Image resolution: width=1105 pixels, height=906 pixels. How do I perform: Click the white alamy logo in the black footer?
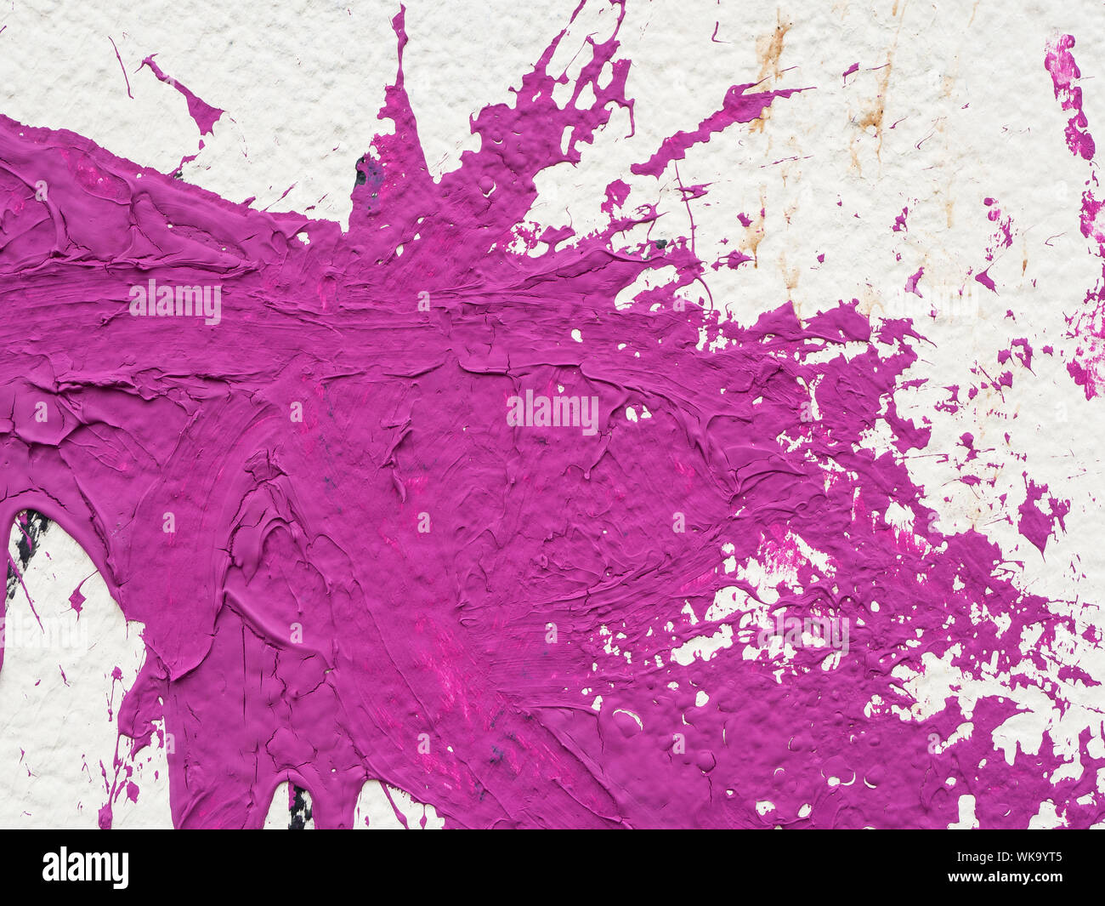pyautogui.click(x=85, y=868)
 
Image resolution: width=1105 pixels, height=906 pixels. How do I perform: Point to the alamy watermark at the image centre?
pyautogui.click(x=552, y=412)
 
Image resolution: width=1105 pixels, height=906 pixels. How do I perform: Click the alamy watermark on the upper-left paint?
pyautogui.click(x=175, y=301)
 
